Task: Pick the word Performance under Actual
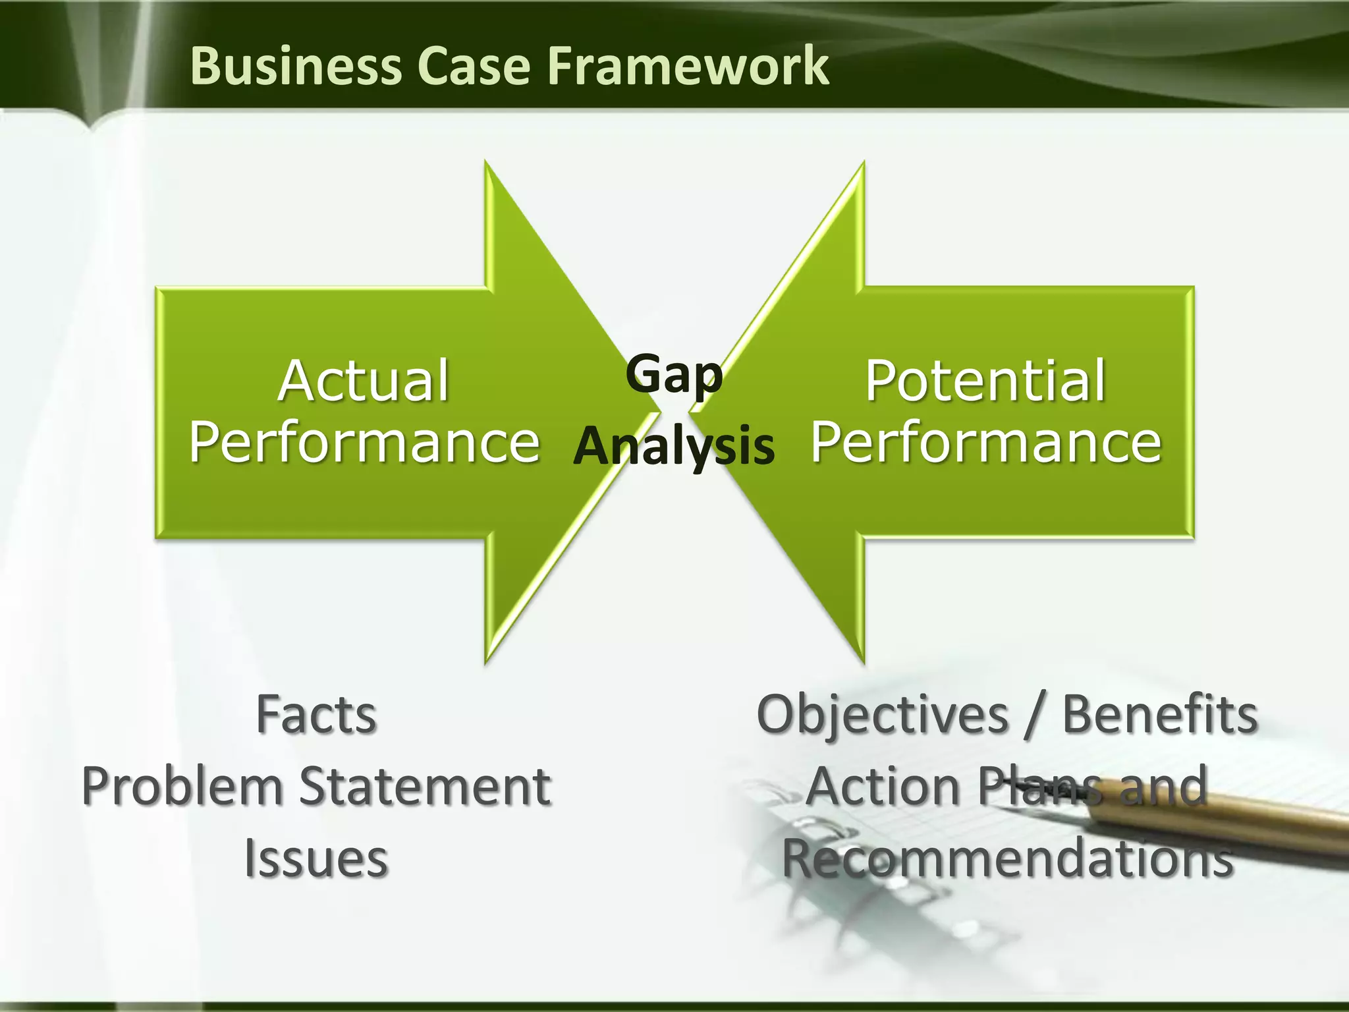click(364, 442)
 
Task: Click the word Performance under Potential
click(986, 442)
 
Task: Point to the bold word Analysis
click(674, 446)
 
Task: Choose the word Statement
click(426, 787)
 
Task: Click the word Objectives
click(883, 716)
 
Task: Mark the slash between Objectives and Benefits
click(1035, 716)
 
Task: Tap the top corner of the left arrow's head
click(486, 162)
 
